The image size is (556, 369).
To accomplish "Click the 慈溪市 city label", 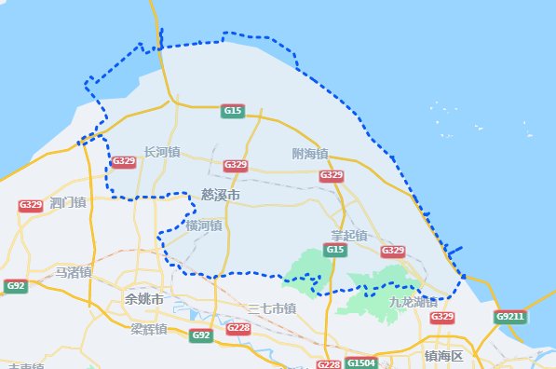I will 221,195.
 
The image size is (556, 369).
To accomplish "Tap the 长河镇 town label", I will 161,152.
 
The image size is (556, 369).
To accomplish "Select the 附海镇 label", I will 309,153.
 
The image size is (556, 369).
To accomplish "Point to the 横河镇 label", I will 203,225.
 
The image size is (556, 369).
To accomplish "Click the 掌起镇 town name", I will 349,235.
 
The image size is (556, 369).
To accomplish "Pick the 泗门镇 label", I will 68,202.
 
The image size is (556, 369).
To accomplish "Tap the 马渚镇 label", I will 73,272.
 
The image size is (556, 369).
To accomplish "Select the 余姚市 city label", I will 144,299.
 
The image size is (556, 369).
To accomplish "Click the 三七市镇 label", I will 272,308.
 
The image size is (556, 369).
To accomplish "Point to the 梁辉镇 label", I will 148,329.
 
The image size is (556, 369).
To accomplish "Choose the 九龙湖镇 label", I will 413,302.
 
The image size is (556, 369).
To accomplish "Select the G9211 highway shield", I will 510,317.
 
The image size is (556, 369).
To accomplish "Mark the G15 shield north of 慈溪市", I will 233,111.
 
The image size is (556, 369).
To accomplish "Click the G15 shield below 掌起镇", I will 335,250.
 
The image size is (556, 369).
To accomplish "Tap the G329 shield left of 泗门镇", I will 31,205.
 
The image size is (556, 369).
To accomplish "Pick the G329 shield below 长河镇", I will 123,162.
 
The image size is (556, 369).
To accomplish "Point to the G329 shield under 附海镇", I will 332,175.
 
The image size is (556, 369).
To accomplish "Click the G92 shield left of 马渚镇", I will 15,286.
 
